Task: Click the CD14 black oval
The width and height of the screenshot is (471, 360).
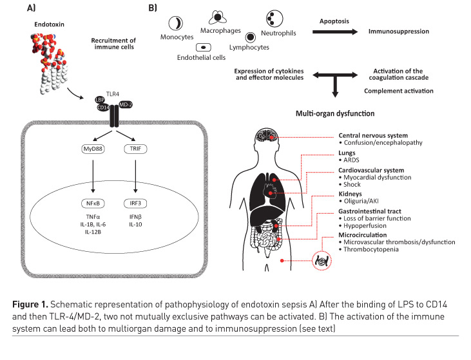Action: click(x=103, y=108)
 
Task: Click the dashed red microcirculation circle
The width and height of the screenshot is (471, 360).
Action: click(x=320, y=259)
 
